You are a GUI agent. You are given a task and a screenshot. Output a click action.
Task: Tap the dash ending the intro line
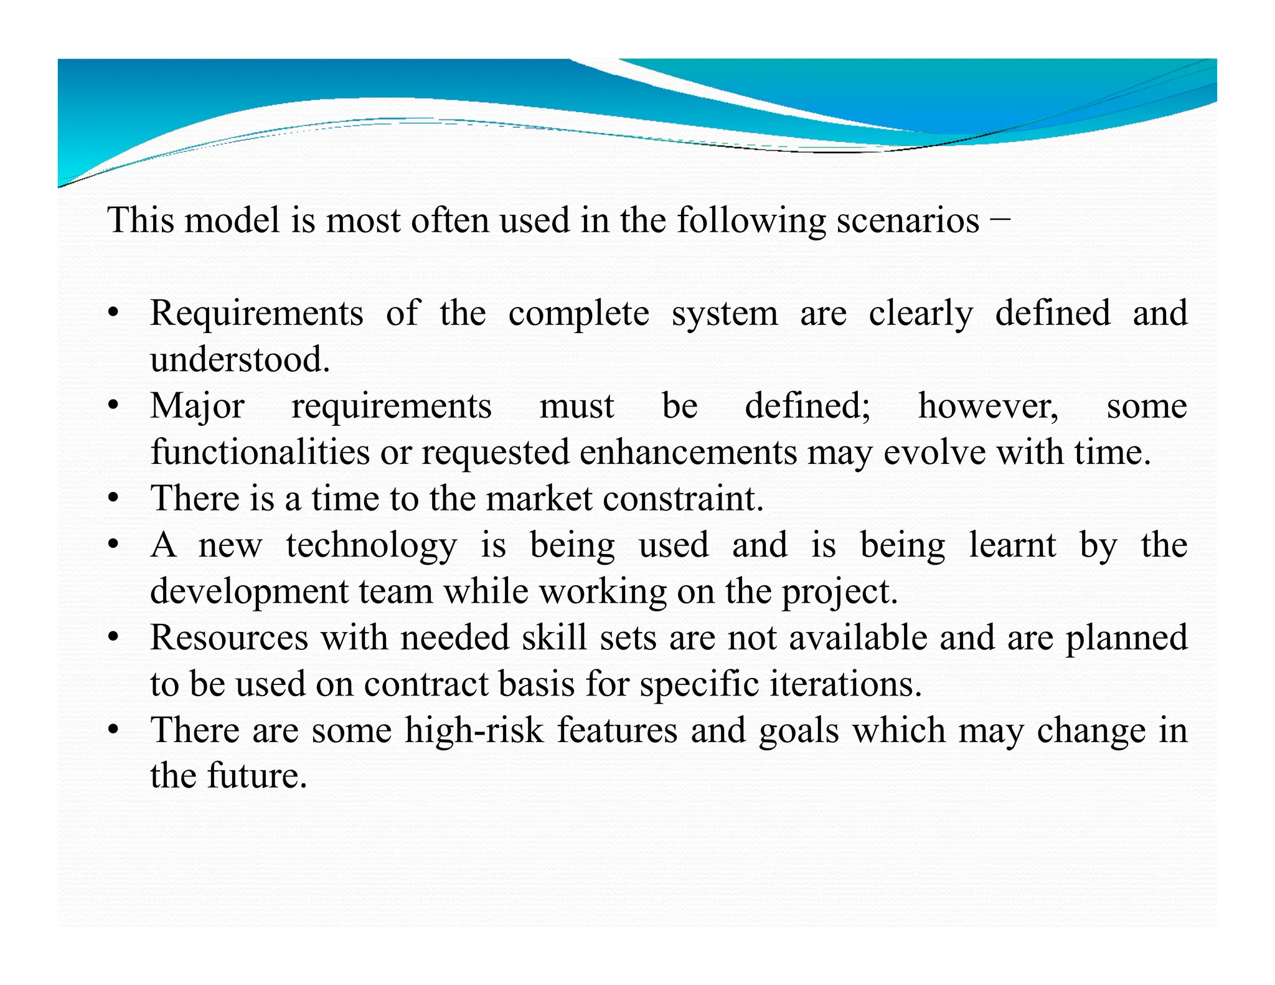pos(999,219)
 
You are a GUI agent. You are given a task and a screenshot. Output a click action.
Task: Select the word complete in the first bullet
pos(578,314)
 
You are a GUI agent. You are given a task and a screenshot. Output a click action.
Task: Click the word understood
pos(240,359)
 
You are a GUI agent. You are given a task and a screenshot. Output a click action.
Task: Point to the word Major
pos(197,407)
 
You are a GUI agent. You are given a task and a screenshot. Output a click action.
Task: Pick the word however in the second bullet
pos(988,406)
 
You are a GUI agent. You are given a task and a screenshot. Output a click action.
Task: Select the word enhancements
pos(688,452)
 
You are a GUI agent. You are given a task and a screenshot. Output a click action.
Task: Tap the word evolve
pos(934,452)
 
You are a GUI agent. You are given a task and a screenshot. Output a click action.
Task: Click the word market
pos(539,499)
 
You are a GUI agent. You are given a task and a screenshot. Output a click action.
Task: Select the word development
pos(249,591)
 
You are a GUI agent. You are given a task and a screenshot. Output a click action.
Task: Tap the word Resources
pos(229,638)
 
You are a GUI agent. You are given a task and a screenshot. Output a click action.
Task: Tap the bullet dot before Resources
pos(113,639)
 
